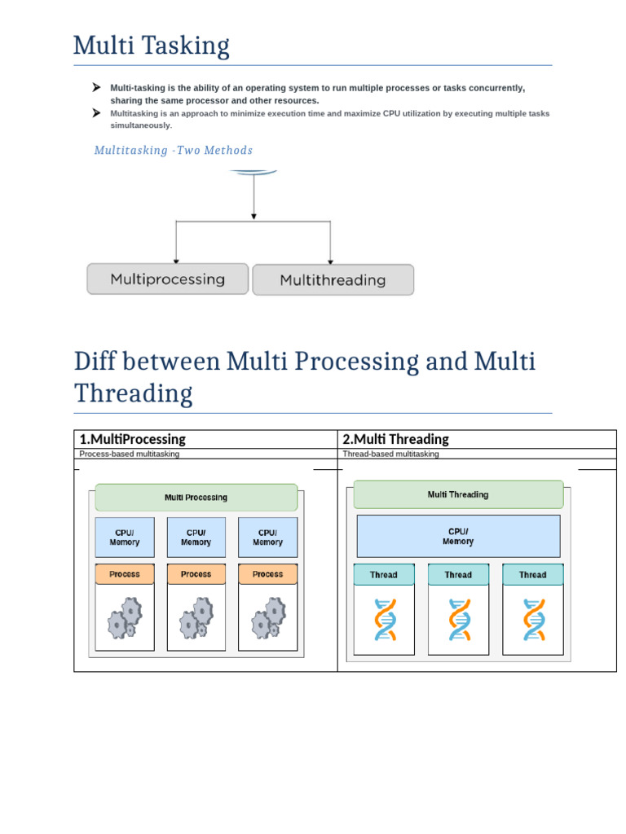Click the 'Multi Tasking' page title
click(x=151, y=46)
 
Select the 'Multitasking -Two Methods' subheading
click(x=173, y=151)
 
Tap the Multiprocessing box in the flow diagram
click(x=167, y=279)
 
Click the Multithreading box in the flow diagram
click(x=333, y=280)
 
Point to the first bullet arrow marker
click(x=96, y=87)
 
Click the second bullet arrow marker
click(x=96, y=113)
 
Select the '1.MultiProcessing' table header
click(x=132, y=439)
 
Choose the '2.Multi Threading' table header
click(x=395, y=439)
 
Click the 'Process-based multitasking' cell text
click(x=129, y=454)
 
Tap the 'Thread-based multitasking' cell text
click(x=390, y=454)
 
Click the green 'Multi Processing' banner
click(x=196, y=498)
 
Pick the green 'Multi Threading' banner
click(x=458, y=494)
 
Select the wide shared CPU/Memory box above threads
click(x=458, y=536)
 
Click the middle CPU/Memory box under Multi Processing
click(x=196, y=538)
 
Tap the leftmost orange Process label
click(x=125, y=574)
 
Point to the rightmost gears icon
click(x=267, y=618)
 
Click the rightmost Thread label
click(x=532, y=575)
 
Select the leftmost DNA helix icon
click(x=384, y=620)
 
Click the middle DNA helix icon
click(x=458, y=620)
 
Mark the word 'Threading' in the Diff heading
click(x=133, y=393)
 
